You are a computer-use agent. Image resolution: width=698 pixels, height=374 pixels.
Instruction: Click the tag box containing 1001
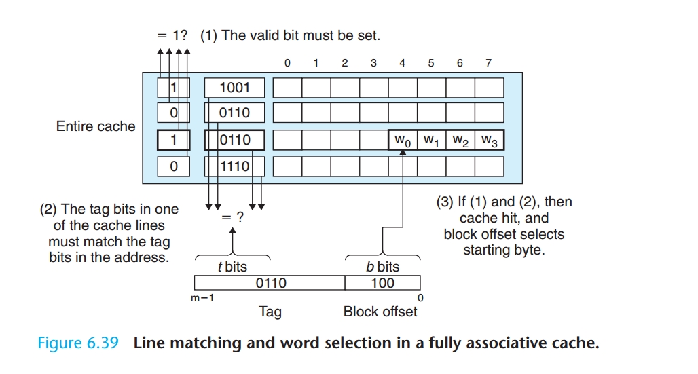pyautogui.click(x=234, y=88)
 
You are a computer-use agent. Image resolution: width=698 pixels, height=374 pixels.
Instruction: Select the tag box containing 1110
pyautogui.click(x=234, y=166)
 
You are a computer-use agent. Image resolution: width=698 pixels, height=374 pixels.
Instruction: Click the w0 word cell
pyautogui.click(x=403, y=140)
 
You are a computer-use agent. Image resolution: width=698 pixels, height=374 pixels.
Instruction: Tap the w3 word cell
pyautogui.click(x=489, y=140)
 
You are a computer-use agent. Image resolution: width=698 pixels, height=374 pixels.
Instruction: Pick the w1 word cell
pyautogui.click(x=431, y=140)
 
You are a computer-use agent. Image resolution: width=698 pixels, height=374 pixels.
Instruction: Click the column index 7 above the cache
pyautogui.click(x=488, y=63)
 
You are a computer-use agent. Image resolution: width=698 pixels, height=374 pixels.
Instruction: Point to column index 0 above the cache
pyautogui.click(x=287, y=63)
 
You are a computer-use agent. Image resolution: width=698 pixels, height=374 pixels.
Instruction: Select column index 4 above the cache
pyautogui.click(x=402, y=63)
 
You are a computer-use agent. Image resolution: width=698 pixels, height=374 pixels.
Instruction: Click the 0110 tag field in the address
pyautogui.click(x=270, y=282)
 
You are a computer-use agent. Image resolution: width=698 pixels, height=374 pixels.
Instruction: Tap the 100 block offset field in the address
pyautogui.click(x=383, y=282)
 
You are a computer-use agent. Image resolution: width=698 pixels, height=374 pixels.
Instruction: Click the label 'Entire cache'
pyautogui.click(x=96, y=126)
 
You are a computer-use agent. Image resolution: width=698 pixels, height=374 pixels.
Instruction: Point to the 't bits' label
pyautogui.click(x=232, y=267)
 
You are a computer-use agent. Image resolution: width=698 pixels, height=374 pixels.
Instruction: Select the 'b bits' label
pyautogui.click(x=383, y=267)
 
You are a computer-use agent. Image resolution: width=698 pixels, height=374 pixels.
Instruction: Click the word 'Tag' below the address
pyautogui.click(x=270, y=312)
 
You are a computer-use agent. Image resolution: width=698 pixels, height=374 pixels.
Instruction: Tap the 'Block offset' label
pyautogui.click(x=380, y=312)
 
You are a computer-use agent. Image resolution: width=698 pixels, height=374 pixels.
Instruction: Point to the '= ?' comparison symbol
pyautogui.click(x=233, y=217)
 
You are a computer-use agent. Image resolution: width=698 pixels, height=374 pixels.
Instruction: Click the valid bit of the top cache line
pyautogui.click(x=173, y=88)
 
